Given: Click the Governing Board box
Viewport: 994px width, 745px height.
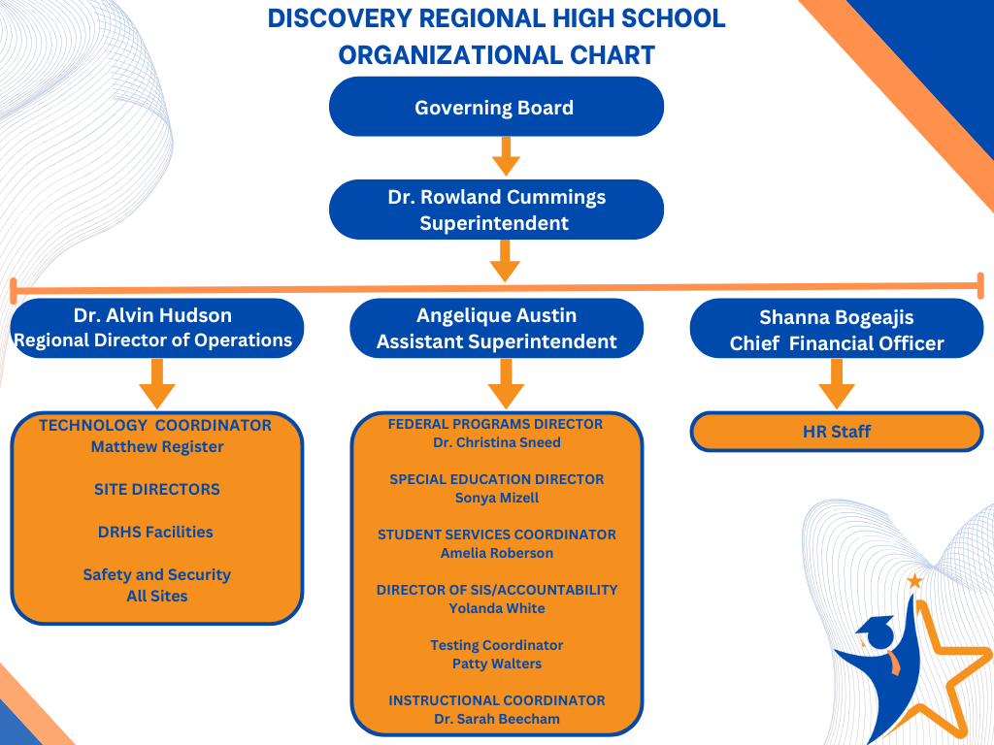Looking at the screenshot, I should (496, 108).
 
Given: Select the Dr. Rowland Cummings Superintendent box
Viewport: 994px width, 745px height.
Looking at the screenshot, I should (496, 210).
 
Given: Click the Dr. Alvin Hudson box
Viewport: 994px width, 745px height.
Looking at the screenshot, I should (156, 328).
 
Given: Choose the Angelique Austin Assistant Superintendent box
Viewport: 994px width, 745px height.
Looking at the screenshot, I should (496, 328).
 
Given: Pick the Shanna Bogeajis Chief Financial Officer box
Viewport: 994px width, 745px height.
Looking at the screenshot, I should (836, 330).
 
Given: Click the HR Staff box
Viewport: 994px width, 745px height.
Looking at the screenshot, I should (836, 432).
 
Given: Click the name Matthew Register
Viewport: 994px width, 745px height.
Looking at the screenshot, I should (157, 447).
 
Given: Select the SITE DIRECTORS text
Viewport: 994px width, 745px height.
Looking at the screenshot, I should (157, 489).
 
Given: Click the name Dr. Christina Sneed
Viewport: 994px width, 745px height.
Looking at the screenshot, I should (496, 442).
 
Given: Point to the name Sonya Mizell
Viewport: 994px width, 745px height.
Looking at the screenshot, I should (496, 498).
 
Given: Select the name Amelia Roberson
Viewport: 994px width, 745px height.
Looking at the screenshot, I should (496, 553).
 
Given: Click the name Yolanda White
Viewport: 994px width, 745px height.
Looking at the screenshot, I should (496, 608).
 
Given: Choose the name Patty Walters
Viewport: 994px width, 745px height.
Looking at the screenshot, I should (496, 664).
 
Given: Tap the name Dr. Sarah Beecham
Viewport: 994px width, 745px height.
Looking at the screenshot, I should (496, 719).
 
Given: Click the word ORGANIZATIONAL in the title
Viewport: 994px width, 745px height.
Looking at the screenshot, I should (452, 55).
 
